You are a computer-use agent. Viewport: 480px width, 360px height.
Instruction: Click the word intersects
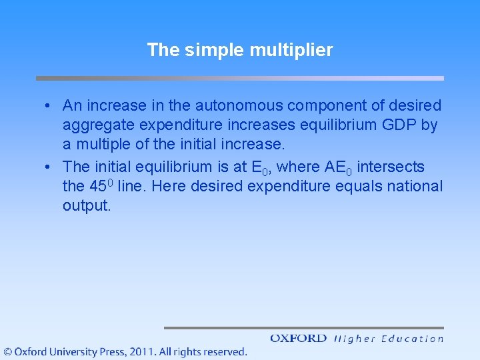pos(391,167)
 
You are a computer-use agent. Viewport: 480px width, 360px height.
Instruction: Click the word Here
pos(169,187)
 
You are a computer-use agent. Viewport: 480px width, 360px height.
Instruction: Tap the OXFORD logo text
pos(298,339)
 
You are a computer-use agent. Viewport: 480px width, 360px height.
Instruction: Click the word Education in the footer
pos(411,339)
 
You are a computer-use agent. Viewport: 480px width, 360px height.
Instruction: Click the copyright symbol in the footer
pos(7,351)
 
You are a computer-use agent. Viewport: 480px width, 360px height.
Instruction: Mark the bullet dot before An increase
pos(49,106)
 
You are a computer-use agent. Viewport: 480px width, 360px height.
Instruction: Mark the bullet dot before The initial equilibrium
pos(49,167)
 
